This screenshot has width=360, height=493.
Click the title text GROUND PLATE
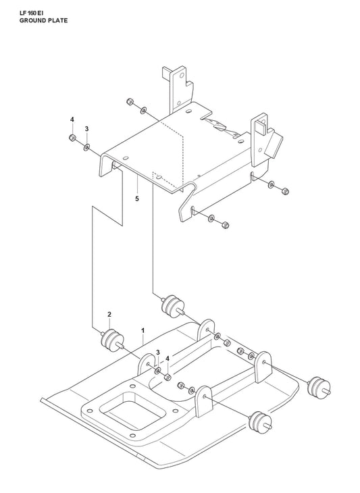tap(43, 21)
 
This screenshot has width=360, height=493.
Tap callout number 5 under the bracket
tap(137, 199)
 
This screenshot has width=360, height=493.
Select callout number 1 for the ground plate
tap(143, 331)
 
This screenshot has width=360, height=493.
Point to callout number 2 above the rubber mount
tap(109, 315)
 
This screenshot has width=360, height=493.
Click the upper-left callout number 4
tap(72, 120)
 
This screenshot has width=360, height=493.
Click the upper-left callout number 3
tap(86, 128)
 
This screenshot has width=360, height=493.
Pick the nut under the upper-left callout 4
tap(72, 138)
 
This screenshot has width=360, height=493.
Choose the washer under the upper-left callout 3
tap(86, 147)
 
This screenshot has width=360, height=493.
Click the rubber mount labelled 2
tap(111, 340)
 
